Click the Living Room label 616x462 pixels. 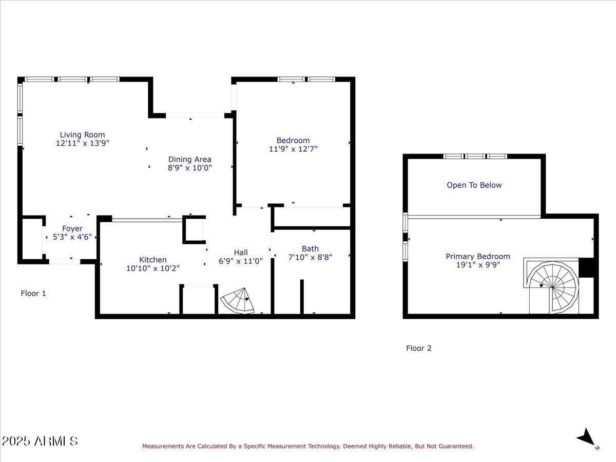tap(82, 135)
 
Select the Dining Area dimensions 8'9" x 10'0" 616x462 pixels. tap(189, 168)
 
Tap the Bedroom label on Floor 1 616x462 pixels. tap(293, 140)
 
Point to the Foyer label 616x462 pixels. tap(72, 228)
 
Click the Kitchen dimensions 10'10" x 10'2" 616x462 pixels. tap(152, 268)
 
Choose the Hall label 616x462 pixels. tap(240, 252)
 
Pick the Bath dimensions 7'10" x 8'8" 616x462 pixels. tap(310, 257)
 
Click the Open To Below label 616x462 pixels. tap(474, 185)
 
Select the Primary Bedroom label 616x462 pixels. tap(477, 256)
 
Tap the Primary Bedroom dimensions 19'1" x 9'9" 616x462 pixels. tap(477, 265)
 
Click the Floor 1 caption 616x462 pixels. tap(33, 294)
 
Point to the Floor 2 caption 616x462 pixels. tap(418, 348)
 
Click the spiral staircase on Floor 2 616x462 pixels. tap(553, 285)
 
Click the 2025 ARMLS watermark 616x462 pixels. tap(40, 441)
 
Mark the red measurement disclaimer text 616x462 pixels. tap(308, 447)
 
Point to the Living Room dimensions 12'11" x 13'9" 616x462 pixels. tap(82, 144)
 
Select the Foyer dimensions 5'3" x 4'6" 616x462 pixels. tap(72, 237)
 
